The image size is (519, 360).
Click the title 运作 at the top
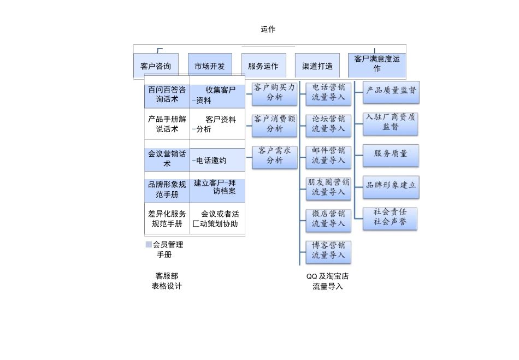pos(268,29)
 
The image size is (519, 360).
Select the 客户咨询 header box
pos(156,66)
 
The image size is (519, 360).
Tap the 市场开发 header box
pos(210,66)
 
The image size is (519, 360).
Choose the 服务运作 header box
pos(263,66)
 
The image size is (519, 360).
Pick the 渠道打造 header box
pos(317,66)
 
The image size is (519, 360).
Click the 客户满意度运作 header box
pos(377,64)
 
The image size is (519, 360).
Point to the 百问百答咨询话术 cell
pos(167,95)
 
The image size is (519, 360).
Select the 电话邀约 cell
pos(217,161)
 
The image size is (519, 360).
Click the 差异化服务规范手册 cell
pos(167,219)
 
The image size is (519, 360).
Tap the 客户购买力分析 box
pos(275,92)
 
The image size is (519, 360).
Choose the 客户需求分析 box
pos(275,156)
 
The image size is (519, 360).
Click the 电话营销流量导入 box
pos(328,92)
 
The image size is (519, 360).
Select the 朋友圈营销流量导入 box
pos(328,187)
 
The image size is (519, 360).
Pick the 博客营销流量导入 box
pos(328,251)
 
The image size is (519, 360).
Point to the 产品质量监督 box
pos(391,91)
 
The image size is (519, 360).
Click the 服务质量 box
pos(391,154)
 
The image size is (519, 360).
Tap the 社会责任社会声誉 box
pos(390,217)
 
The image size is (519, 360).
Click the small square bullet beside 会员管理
pos(149,245)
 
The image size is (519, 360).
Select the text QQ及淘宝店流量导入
pos(328,281)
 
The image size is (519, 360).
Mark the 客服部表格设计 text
pos(167,281)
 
